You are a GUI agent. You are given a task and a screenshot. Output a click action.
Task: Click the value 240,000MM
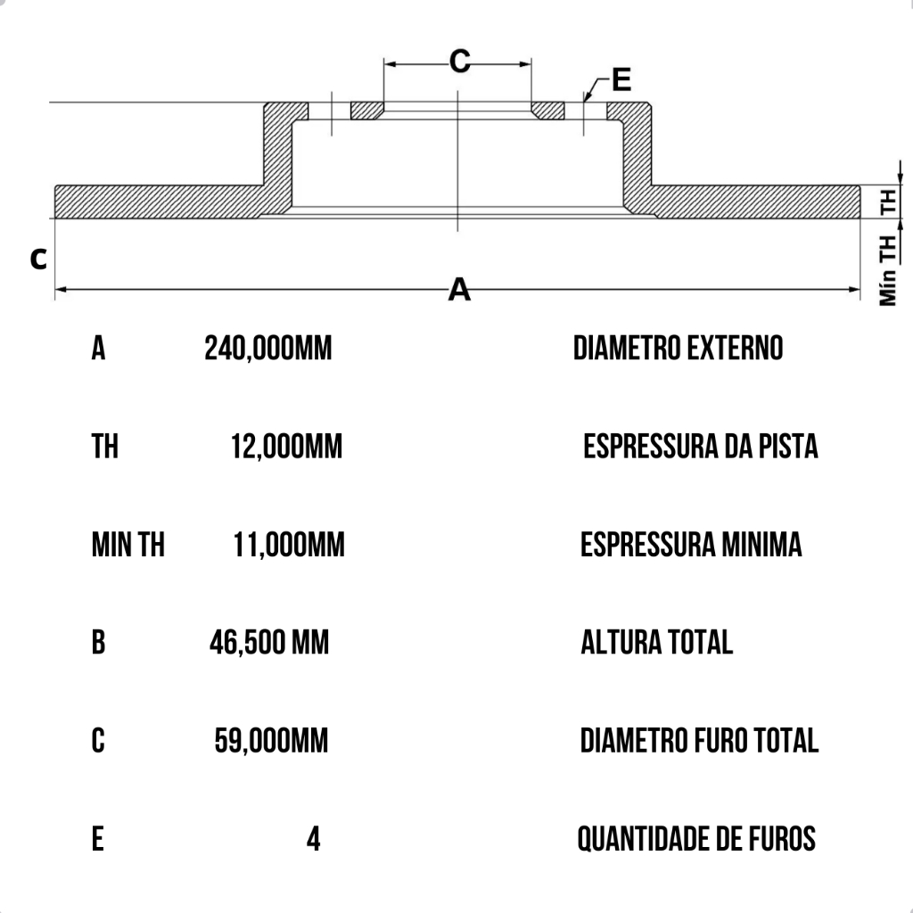click(x=267, y=348)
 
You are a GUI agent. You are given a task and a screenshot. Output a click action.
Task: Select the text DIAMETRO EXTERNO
click(x=678, y=348)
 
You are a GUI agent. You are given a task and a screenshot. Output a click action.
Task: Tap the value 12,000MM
click(x=286, y=446)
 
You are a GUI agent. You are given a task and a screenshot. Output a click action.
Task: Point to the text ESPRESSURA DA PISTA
click(x=701, y=446)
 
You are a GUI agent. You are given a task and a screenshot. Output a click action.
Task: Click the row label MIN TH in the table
click(x=127, y=544)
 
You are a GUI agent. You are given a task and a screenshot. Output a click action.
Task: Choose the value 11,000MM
click(x=289, y=544)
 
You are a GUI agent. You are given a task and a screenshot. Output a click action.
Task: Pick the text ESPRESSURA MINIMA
click(x=691, y=544)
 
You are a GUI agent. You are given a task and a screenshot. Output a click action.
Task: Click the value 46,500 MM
click(x=269, y=642)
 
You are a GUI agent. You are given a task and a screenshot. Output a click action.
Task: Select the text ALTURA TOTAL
click(x=656, y=642)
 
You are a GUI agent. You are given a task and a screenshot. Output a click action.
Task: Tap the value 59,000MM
click(x=271, y=740)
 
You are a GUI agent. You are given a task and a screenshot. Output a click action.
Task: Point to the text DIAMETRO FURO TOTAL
click(x=699, y=740)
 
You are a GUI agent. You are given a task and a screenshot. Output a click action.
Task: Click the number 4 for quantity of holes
click(x=313, y=839)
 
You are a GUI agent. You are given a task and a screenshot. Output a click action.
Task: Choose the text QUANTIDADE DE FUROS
click(x=696, y=839)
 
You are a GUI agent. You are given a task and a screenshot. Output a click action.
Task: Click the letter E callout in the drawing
click(x=621, y=80)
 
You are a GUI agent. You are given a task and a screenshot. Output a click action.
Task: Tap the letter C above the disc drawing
click(x=459, y=62)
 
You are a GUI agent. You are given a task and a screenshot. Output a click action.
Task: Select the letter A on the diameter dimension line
click(x=458, y=290)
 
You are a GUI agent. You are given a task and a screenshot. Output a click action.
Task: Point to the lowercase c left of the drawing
click(x=38, y=259)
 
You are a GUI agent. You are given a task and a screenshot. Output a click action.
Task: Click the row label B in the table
click(x=98, y=642)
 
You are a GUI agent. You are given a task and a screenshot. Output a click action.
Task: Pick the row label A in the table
click(x=98, y=348)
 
